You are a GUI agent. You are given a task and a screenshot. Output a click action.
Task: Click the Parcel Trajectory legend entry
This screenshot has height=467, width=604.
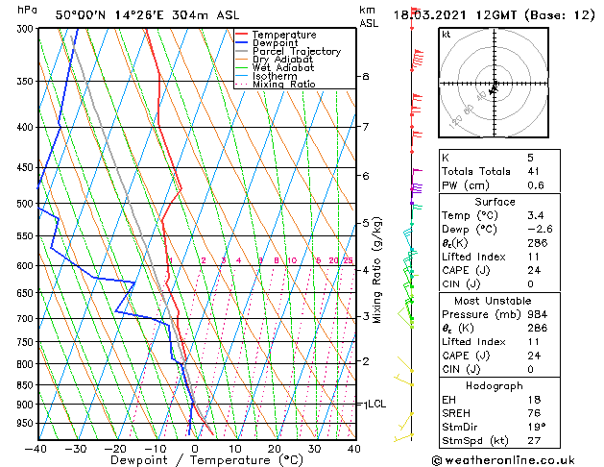tap(296, 51)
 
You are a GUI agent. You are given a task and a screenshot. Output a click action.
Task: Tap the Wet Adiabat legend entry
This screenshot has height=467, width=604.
tap(283, 68)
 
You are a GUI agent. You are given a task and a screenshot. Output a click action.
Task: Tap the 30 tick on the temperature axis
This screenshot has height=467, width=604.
tap(314, 449)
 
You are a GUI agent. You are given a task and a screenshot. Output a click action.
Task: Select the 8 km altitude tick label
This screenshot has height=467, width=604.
tap(365, 76)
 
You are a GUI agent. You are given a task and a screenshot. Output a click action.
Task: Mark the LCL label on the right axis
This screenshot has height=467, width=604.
tap(375, 405)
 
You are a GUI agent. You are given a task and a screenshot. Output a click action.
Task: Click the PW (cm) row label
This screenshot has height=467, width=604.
tap(461, 186)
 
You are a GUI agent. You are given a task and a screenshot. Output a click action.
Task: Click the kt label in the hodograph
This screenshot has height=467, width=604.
tap(446, 34)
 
